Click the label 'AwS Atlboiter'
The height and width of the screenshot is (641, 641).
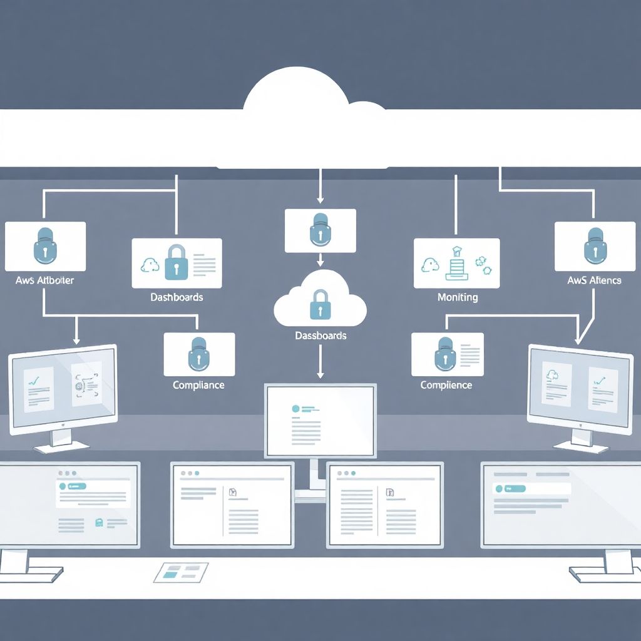[44, 280]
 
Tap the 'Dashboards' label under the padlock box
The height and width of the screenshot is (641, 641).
[177, 297]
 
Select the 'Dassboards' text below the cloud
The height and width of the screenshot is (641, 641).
[320, 336]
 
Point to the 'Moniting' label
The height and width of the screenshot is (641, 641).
[458, 297]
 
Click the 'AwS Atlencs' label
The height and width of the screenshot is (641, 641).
[594, 280]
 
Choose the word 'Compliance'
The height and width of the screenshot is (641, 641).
[198, 385]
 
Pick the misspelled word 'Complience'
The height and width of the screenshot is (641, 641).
[446, 385]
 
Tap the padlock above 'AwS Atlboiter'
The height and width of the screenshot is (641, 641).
[45, 245]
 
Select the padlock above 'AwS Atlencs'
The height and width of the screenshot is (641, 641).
[594, 245]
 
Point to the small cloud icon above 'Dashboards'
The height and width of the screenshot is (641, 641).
[150, 265]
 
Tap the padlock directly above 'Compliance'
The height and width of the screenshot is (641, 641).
[198, 354]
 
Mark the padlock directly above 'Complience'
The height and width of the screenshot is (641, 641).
[445, 354]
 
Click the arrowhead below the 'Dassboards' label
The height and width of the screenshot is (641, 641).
[320, 374]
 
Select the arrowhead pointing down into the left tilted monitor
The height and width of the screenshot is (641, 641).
[76, 341]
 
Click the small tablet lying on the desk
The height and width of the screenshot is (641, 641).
[181, 572]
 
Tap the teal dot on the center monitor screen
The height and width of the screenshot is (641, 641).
[295, 408]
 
